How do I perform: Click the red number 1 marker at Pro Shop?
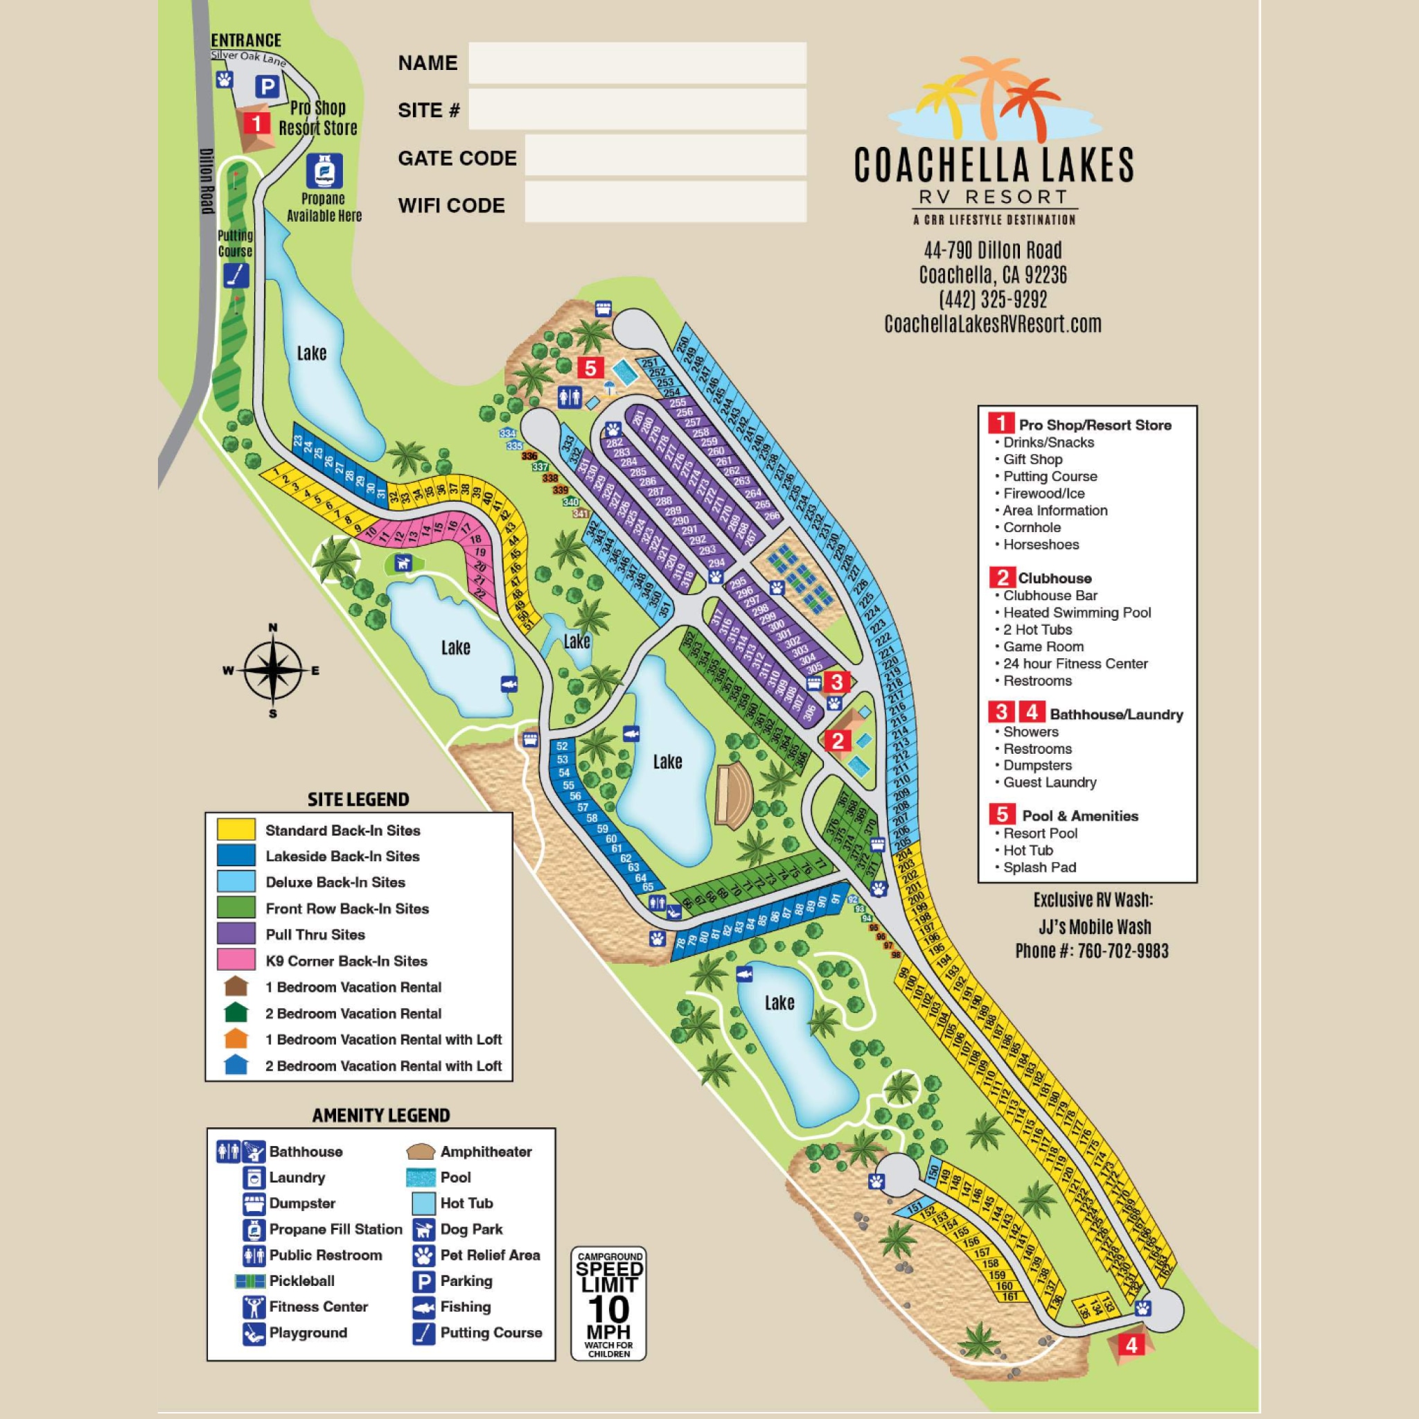click(256, 122)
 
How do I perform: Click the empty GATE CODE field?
click(664, 156)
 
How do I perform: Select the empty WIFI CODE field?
click(664, 203)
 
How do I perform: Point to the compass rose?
click(272, 670)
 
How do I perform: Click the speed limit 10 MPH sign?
click(609, 1303)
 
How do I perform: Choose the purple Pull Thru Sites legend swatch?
click(236, 933)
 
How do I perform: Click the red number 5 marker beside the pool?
click(590, 367)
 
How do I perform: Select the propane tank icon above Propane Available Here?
click(323, 171)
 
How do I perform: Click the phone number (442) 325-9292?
click(992, 299)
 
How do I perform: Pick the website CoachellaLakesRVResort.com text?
click(992, 324)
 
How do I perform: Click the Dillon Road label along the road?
click(207, 181)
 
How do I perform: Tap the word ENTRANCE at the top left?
click(246, 39)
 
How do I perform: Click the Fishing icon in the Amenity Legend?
click(423, 1307)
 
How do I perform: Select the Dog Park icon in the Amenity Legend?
click(423, 1228)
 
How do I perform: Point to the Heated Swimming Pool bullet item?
click(1077, 612)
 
